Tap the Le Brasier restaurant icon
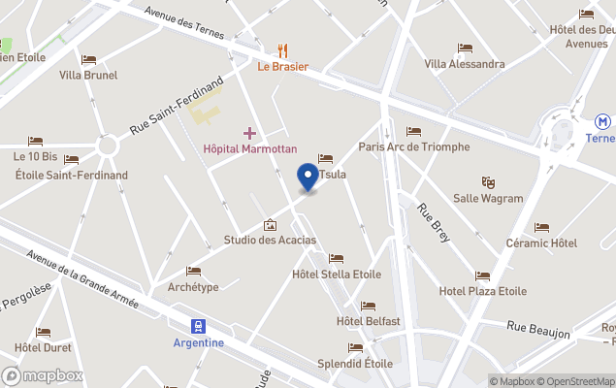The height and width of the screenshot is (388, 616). pos(282,49)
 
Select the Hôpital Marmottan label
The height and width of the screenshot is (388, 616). pos(249,149)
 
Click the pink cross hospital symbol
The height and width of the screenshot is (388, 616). pos(249,133)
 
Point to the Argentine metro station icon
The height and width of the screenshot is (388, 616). pos(199,326)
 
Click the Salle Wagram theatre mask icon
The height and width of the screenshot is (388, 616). pos(489,181)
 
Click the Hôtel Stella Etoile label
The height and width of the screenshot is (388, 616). pos(337,275)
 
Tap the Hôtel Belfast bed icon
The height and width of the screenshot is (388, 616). pos(368,306)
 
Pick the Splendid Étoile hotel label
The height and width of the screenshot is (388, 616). pos(355,364)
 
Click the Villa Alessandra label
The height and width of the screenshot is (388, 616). pos(465,64)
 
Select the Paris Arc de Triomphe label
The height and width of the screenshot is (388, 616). pos(413,146)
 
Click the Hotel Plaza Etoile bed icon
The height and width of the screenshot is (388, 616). pos(482,275)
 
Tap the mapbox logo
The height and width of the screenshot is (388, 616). pos(43,375)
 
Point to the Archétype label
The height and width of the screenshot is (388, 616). pos(193,287)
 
